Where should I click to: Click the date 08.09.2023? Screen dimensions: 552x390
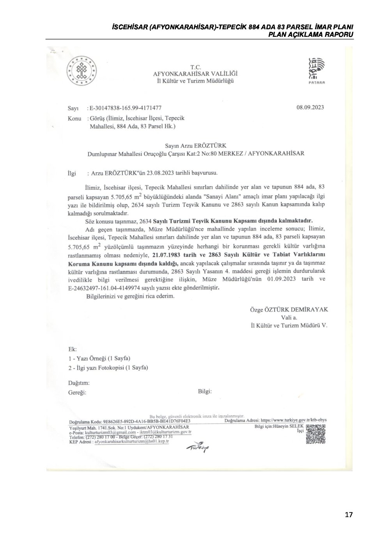click(x=310, y=107)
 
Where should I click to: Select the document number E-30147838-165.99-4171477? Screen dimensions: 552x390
click(x=126, y=108)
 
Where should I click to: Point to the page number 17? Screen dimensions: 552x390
click(x=349, y=515)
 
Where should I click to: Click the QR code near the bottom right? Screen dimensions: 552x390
click(x=316, y=434)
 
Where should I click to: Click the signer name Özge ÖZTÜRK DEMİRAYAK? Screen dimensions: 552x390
click(x=289, y=310)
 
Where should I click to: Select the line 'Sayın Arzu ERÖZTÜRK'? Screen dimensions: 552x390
click(x=196, y=145)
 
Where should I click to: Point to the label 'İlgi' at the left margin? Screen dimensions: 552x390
click(x=72, y=172)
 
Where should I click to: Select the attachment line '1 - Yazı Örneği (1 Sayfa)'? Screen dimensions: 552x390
click(x=99, y=358)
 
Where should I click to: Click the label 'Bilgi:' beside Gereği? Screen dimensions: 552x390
click(x=205, y=391)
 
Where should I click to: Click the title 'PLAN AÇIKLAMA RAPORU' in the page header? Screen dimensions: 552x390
click(x=310, y=34)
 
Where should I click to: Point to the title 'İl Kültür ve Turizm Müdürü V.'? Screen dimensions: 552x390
click(x=289, y=325)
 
